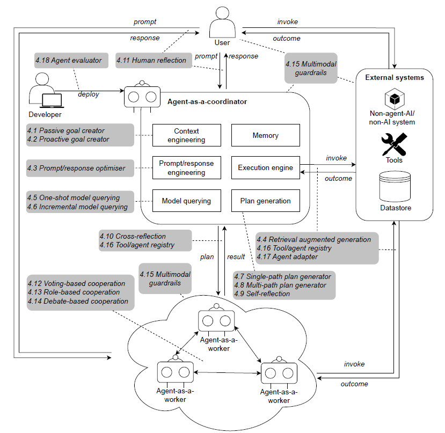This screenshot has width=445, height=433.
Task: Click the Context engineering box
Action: [x=186, y=135]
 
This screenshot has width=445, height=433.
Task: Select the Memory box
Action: [x=265, y=135]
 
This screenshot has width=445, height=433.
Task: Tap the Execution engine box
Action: [x=265, y=167]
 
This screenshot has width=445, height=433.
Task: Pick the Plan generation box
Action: [x=265, y=201]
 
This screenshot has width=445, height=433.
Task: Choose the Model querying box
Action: [x=186, y=201]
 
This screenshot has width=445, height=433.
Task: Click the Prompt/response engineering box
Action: [x=186, y=167]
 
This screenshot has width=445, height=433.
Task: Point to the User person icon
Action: [x=222, y=23]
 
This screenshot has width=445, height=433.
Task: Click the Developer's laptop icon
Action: [x=52, y=101]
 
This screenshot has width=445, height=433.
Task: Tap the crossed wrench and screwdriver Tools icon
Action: [x=394, y=144]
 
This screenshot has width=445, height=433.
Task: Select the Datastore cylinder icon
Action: [x=395, y=186]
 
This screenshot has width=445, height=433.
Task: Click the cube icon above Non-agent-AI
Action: [x=395, y=99]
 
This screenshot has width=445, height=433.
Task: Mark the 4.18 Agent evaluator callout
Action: [x=71, y=61]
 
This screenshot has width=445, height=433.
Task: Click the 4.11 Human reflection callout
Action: [x=154, y=61]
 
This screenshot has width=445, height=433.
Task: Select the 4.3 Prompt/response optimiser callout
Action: [x=80, y=168]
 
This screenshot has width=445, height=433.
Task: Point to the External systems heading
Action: [x=395, y=77]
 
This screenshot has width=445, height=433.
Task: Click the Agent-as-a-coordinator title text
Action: [x=207, y=101]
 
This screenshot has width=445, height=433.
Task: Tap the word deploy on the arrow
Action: [x=89, y=94]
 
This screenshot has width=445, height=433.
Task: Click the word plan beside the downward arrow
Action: [x=207, y=257]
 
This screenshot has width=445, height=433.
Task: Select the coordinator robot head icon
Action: [x=142, y=97]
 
